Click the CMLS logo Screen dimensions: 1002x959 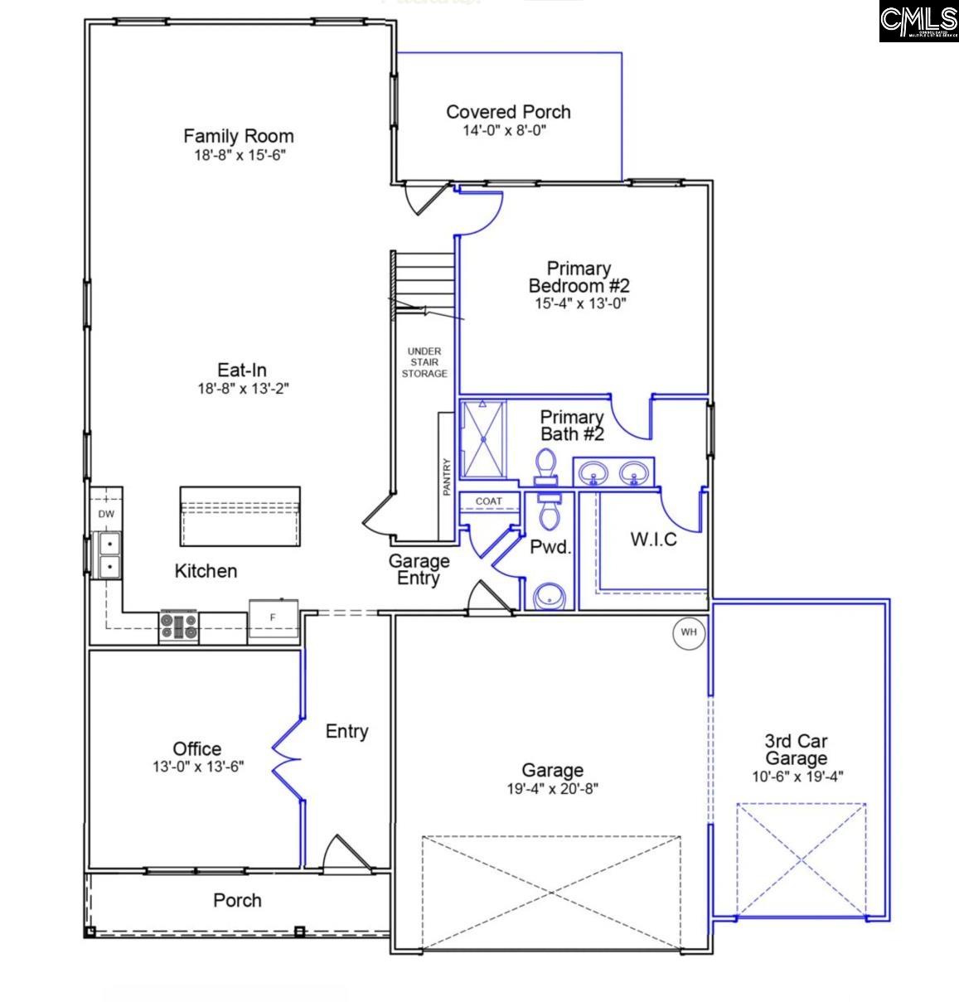pos(918,22)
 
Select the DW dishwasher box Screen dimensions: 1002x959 pos(106,515)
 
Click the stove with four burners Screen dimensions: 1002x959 pos(180,627)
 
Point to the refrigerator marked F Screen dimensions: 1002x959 pos(273,619)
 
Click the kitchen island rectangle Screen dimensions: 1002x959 pos(240,516)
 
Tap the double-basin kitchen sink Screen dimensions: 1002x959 pos(109,555)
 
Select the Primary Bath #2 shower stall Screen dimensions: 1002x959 pos(482,439)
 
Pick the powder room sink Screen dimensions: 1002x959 pos(547,596)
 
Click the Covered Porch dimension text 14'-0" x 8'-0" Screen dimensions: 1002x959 pos(504,130)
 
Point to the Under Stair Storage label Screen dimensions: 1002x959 pos(424,363)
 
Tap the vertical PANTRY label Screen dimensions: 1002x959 pos(446,477)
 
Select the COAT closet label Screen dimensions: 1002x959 pos(489,501)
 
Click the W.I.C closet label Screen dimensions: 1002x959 pos(653,540)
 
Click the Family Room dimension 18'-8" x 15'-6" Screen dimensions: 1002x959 pos(238,155)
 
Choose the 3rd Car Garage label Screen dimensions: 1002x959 pos(796,749)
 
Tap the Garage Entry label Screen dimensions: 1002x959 pos(419,569)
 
